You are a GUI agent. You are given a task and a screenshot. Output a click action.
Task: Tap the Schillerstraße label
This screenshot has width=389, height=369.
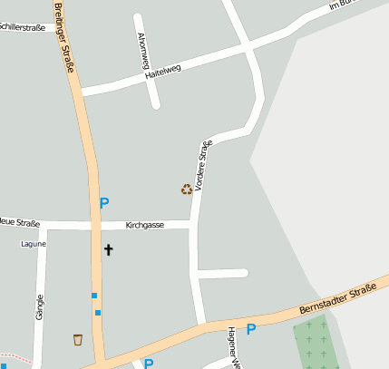(23, 28)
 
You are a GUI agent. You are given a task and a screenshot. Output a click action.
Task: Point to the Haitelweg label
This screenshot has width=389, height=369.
(164, 73)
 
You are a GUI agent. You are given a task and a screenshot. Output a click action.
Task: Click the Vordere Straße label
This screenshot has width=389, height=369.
(203, 163)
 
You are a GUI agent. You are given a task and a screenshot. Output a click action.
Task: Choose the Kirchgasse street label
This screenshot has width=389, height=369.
(145, 224)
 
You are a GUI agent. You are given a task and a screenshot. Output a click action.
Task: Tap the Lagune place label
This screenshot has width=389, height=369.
(33, 244)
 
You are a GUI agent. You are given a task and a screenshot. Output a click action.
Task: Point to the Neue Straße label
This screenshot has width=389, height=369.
(18, 221)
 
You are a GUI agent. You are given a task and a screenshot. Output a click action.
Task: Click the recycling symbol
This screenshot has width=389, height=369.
(187, 189)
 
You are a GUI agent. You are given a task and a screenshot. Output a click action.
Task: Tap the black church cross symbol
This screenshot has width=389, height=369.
(108, 249)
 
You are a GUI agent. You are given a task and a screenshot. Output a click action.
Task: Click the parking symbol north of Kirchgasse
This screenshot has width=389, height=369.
(104, 204)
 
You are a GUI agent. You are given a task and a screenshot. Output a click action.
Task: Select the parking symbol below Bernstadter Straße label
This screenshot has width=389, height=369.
(251, 329)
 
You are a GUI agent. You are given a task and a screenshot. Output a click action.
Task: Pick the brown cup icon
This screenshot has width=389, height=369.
(78, 340)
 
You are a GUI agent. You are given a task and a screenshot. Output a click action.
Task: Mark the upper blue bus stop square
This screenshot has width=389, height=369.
(93, 296)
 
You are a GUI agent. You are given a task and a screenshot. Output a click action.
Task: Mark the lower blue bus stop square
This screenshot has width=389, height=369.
(98, 313)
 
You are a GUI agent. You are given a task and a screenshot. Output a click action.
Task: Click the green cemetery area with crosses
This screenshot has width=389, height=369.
(316, 345)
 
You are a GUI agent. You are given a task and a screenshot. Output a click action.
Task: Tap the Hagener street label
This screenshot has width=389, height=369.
(232, 347)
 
